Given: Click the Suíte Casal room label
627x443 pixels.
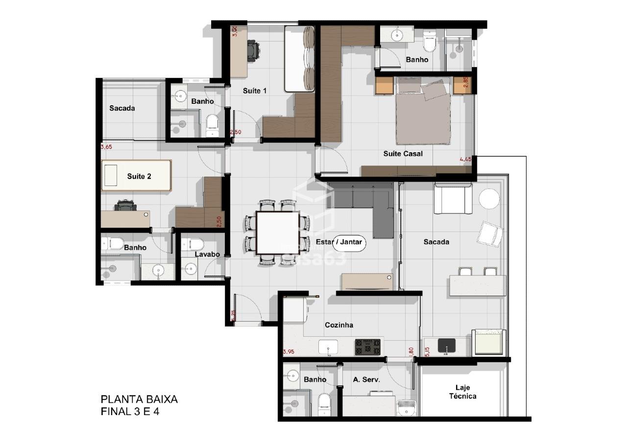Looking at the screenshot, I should coord(403,154).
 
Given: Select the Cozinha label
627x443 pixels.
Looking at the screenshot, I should coord(339,325).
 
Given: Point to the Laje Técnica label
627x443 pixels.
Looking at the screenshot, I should coord(462,392).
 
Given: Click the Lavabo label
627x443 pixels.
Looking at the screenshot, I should coord(207,255).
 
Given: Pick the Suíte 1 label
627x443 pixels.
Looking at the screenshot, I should coord(255,91).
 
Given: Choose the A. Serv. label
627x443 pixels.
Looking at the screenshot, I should coord(366,379).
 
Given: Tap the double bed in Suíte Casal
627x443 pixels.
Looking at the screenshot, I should coord(423,110).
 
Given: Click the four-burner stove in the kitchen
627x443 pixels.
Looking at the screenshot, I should coord(368,347).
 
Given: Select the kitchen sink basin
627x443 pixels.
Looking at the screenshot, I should coord(328,347).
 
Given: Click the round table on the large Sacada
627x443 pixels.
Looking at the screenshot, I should coord(489,198).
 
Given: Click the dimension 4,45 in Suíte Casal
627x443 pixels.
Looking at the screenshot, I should coord(465,159).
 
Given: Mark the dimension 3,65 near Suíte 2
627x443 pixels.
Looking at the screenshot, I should coord(106,147).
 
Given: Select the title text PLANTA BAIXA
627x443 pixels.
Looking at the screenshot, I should coord(139,399).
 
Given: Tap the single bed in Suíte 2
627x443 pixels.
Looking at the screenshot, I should coord(137,175).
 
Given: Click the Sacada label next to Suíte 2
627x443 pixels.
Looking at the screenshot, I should coord(122,108).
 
